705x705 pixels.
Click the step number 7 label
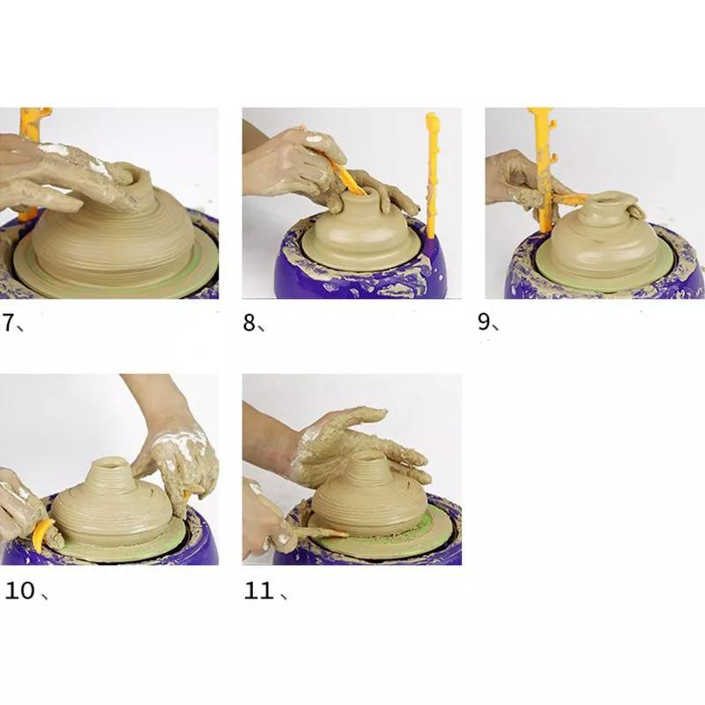(x=10, y=323)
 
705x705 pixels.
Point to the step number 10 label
(x=20, y=590)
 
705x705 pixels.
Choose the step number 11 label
(x=259, y=590)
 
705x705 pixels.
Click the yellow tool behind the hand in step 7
(x=33, y=123)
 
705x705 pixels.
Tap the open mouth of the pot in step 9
(x=610, y=202)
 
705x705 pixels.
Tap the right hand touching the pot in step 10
(x=181, y=458)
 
